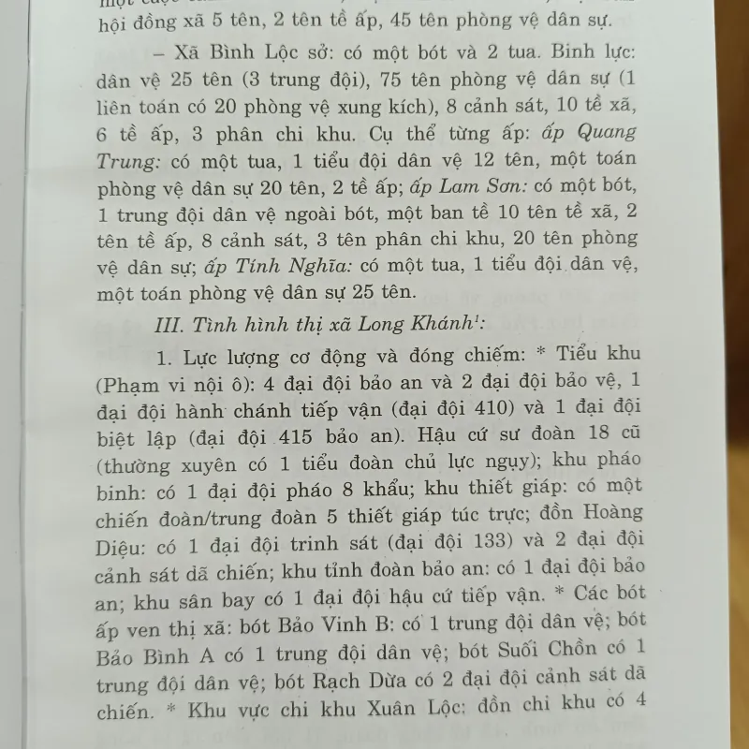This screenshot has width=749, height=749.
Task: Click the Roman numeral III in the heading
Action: pos(171,326)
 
